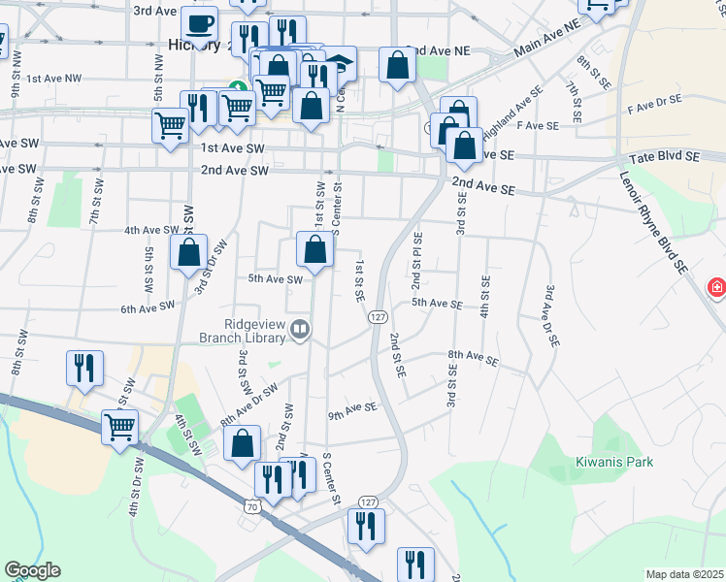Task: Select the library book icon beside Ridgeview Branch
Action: click(x=300, y=332)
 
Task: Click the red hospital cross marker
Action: click(x=716, y=287)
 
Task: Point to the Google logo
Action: click(x=32, y=570)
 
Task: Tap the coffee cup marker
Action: click(x=199, y=23)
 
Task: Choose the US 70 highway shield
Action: click(x=252, y=505)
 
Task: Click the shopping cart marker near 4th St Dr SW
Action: click(x=120, y=426)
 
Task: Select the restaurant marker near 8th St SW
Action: click(x=83, y=368)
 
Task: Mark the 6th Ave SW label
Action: click(x=148, y=307)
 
